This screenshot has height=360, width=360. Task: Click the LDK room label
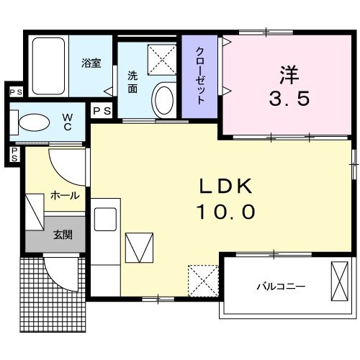click(x=226, y=186)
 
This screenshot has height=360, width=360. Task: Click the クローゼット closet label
click(x=201, y=76)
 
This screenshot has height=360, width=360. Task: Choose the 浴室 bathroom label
click(x=91, y=62)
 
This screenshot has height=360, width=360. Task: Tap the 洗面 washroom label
click(x=133, y=81)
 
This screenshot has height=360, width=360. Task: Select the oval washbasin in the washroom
click(x=163, y=99)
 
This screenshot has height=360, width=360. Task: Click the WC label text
click(x=67, y=120)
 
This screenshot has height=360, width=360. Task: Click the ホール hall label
click(x=64, y=195)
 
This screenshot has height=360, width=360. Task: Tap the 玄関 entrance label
click(x=63, y=234)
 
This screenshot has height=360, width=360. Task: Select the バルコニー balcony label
click(x=281, y=287)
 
